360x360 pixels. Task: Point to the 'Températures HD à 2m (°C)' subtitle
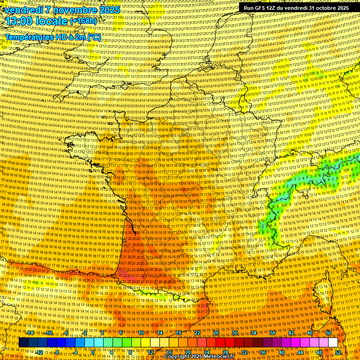pyautogui.click(x=53, y=37)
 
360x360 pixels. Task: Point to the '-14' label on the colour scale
pyautogui.click(x=30, y=333)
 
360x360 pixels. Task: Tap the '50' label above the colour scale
pyautogui.click(x=329, y=333)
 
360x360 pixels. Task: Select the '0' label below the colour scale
pyautogui.click(x=93, y=352)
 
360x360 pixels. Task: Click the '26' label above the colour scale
pyautogui.click(x=216, y=333)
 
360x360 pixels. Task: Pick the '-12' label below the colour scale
pyautogui.click(x=40, y=352)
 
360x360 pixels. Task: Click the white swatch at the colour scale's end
pyautogui.click(x=333, y=343)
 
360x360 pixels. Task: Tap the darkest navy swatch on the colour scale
pyautogui.click(x=23, y=343)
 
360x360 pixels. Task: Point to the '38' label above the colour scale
pyautogui.click(x=272, y=333)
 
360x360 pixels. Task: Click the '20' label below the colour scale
pyautogui.click(x=188, y=352)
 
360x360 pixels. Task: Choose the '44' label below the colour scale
pyautogui.click(x=300, y=352)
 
